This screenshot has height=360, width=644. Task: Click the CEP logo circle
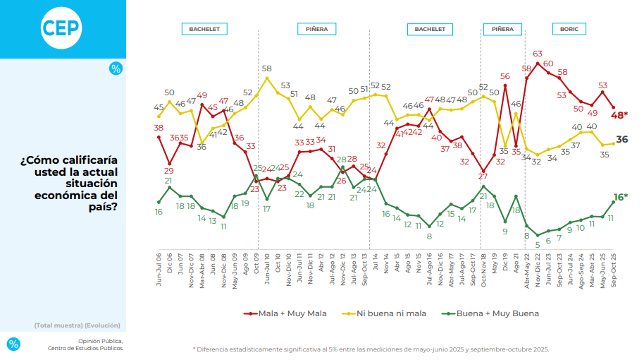pyautogui.click(x=61, y=28)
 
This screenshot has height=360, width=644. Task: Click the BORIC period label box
pyautogui.click(x=569, y=30)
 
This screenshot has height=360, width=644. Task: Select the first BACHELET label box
pyautogui.click(x=204, y=30)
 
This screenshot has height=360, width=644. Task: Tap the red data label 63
pyautogui.click(x=538, y=54)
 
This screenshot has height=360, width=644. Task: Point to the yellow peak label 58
pyautogui.click(x=267, y=68)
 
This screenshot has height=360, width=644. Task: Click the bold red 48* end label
pyautogui.click(x=619, y=115)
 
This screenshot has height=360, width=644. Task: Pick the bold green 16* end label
pyautogui.click(x=620, y=197)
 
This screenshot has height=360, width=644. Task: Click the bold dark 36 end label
pyautogui.click(x=622, y=140)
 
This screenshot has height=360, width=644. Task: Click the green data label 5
pyautogui.click(x=538, y=244)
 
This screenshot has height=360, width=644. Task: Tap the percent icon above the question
pyautogui.click(x=116, y=68)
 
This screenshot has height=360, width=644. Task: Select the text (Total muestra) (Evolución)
pyautogui.click(x=77, y=325)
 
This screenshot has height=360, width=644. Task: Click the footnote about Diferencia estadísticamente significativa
pyautogui.click(x=371, y=349)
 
